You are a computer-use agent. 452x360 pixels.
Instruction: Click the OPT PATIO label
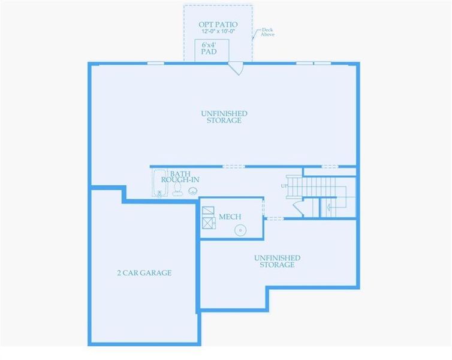pyautogui.click(x=218, y=25)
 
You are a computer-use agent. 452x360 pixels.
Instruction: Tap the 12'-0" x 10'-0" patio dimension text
pyautogui.click(x=218, y=31)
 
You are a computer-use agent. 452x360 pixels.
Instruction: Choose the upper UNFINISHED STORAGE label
pyautogui.click(x=224, y=116)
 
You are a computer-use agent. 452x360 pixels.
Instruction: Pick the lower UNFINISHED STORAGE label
pyautogui.click(x=277, y=261)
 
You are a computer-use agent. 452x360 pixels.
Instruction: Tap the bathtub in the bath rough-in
pyautogui.click(x=159, y=183)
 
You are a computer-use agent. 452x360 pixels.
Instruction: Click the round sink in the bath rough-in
pyautogui.click(x=192, y=191)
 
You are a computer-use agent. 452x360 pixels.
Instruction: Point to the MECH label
pyautogui.click(x=230, y=217)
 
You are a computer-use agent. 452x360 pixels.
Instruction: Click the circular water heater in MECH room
pyautogui.click(x=240, y=229)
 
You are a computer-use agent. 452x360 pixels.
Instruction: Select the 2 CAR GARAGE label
pyautogui.click(x=144, y=273)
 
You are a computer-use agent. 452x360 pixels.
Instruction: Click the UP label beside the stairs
pyautogui.click(x=284, y=186)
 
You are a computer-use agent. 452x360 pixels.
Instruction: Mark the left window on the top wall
pyautogui.click(x=156, y=62)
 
